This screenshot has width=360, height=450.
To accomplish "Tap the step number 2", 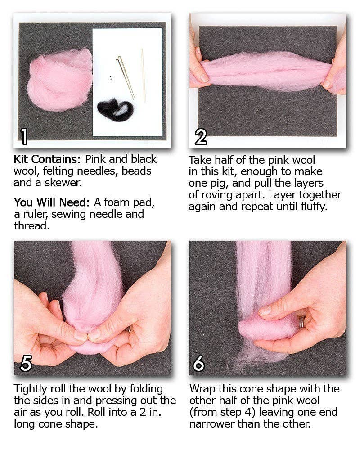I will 201,136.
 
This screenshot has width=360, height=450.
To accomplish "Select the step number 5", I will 26,364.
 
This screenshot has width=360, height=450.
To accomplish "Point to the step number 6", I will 199,364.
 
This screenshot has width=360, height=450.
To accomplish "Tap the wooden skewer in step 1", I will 143,74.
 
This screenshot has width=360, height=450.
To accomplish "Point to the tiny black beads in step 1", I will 109,78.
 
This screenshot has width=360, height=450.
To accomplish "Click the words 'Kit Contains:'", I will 47,159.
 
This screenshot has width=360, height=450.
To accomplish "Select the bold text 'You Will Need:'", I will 51,202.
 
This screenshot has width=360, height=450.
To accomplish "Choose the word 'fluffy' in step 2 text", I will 310,207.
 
